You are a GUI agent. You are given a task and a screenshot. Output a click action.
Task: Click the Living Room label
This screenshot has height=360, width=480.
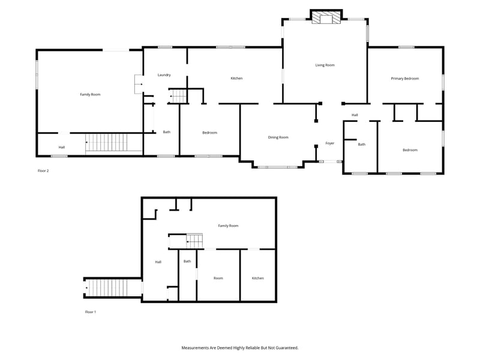coord(325,65)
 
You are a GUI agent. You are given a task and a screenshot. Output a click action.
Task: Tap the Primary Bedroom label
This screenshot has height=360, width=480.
coord(404,79)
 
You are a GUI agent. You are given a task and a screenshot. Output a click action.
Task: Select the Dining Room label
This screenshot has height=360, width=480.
coord(278,137)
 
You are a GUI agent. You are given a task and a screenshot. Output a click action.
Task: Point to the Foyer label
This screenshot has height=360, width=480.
coord(329,143)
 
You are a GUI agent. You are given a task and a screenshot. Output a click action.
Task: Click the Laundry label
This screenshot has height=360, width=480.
coord(164,75)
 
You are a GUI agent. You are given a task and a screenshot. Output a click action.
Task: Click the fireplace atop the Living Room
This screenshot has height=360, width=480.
coord(325,18)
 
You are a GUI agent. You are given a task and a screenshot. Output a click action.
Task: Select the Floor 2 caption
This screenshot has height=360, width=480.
coord(43,171)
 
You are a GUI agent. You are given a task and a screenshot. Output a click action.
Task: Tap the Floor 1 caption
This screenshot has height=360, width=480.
coord(91,312)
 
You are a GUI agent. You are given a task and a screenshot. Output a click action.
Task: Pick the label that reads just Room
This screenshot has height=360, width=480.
coord(218,278)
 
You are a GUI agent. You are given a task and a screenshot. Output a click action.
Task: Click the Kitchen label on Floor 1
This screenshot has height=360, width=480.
coord(257,278)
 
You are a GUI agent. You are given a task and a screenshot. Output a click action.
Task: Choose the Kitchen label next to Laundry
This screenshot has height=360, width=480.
coord(236,79)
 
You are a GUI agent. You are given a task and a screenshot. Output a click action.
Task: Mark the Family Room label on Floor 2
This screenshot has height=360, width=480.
coord(90,94)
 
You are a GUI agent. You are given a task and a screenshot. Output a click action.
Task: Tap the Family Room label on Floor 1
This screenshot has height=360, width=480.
coord(228,226)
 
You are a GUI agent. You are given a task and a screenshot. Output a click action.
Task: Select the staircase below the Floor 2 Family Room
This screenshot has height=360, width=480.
coord(106,143)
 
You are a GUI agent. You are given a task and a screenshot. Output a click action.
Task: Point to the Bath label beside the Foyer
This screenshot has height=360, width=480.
coord(361,144)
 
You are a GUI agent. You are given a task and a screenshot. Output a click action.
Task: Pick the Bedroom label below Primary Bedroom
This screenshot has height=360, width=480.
coord(410,150)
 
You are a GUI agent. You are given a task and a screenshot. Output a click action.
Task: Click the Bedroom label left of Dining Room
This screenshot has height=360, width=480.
coord(209,133)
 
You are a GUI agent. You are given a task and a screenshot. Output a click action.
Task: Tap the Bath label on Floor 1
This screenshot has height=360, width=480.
coord(187,261)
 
